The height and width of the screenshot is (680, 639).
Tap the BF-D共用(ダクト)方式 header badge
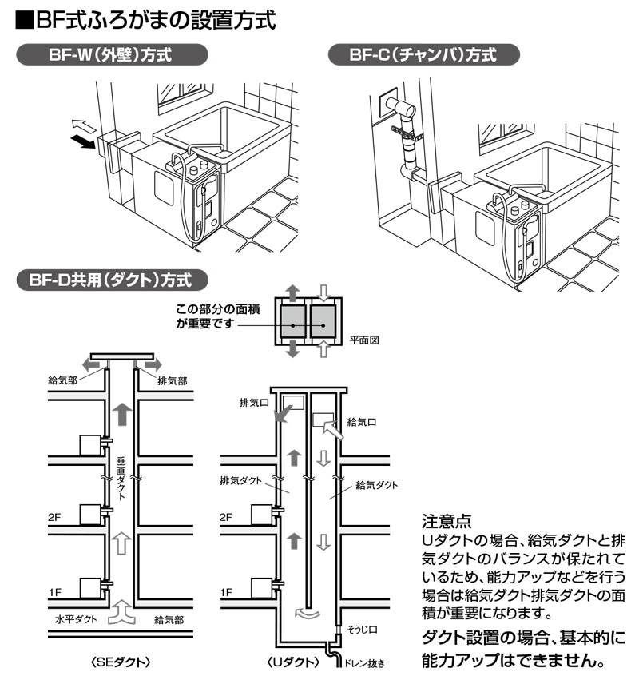coord(112,280)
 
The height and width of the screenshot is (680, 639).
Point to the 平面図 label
coord(364,340)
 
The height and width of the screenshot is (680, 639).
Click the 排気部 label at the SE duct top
coord(172,381)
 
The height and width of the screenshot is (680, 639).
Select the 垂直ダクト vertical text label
coord(121,477)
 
